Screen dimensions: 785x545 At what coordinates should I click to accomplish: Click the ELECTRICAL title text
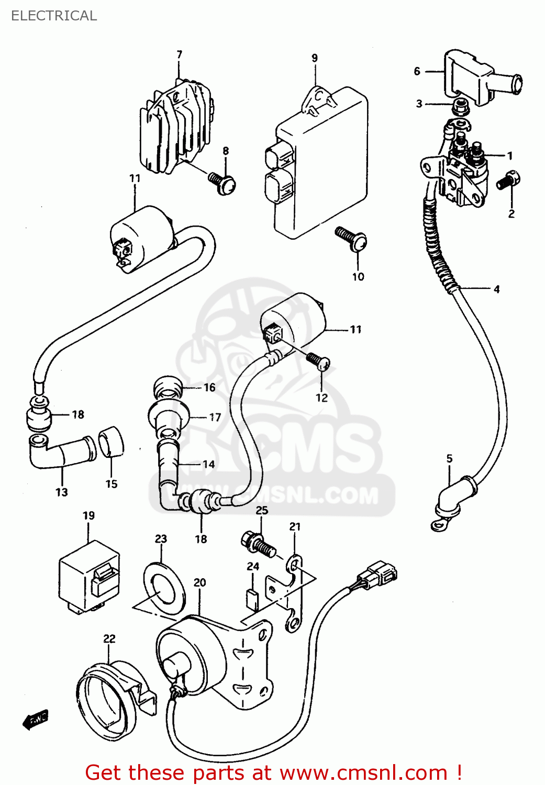click(x=54, y=16)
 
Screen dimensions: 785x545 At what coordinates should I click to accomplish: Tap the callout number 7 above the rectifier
click(x=180, y=55)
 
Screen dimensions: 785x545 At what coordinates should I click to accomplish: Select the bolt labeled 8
click(x=224, y=183)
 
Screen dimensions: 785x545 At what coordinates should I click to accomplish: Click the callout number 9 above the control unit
click(x=315, y=58)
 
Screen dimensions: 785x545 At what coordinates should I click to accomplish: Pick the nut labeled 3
click(x=460, y=107)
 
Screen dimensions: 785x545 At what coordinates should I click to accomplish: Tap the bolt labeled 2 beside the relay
click(x=508, y=181)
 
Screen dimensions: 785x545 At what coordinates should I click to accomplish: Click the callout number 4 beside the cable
click(x=496, y=289)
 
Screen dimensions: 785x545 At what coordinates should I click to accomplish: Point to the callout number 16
click(x=209, y=387)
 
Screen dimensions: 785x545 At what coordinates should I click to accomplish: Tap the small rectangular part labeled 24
click(x=252, y=600)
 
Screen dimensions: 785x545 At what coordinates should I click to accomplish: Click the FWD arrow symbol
click(x=36, y=720)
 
